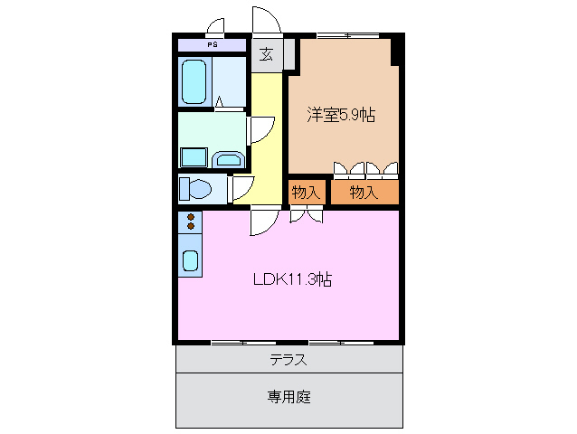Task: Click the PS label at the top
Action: pyautogui.click(x=212, y=44)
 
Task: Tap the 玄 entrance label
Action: pyautogui.click(x=267, y=54)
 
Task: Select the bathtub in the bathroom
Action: pyautogui.click(x=194, y=82)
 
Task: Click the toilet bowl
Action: pyautogui.click(x=200, y=189)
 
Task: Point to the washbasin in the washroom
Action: pyautogui.click(x=229, y=161)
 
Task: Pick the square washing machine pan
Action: pyautogui.click(x=194, y=157)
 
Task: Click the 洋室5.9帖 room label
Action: pyautogui.click(x=341, y=115)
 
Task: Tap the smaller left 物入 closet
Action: pyautogui.click(x=306, y=192)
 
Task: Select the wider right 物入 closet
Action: pyautogui.click(x=364, y=192)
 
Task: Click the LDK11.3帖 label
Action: pyautogui.click(x=291, y=279)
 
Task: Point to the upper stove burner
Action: pyautogui.click(x=191, y=216)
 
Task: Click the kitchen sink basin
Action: pyautogui.click(x=191, y=261)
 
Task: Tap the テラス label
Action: pyautogui.click(x=288, y=360)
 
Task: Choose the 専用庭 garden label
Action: pyautogui.click(x=288, y=396)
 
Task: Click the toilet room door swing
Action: pyautogui.click(x=241, y=188)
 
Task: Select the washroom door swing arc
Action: pyautogui.click(x=261, y=129)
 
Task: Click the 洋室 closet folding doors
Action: pyautogui.click(x=365, y=168)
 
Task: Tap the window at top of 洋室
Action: pyautogui.click(x=347, y=36)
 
